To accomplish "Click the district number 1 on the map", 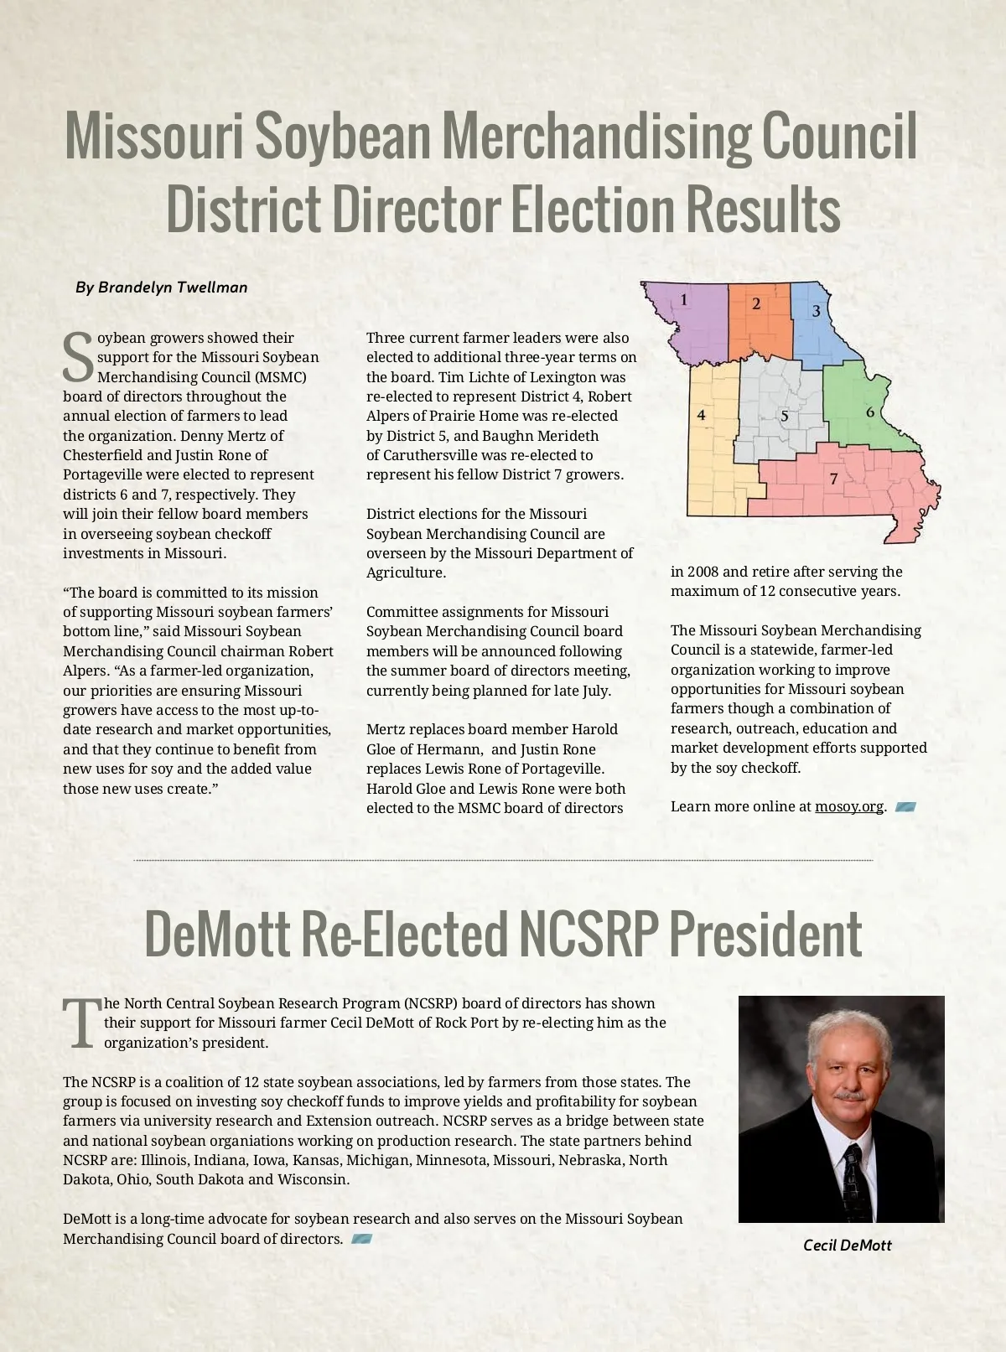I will pyautogui.click(x=684, y=300).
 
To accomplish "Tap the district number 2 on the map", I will pyautogui.click(x=756, y=303).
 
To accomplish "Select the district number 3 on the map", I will pyautogui.click(x=817, y=311).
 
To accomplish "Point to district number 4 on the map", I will pyautogui.click(x=701, y=415).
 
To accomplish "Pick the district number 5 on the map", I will pyautogui.click(x=785, y=416).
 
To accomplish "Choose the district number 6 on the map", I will pyautogui.click(x=870, y=412).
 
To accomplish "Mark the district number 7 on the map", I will pyautogui.click(x=833, y=479).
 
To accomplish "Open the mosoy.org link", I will pyautogui.click(x=848, y=806).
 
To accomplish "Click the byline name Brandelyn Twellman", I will pyautogui.click(x=173, y=287).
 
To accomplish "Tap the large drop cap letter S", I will pyautogui.click(x=78, y=357).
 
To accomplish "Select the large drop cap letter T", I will pyautogui.click(x=82, y=1023).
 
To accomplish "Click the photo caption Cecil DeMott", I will pyautogui.click(x=847, y=1246).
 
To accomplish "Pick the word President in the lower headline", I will pyautogui.click(x=765, y=934).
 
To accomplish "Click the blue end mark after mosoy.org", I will pyautogui.click(x=905, y=807).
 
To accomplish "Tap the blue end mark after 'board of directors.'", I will pyautogui.click(x=361, y=1239).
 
